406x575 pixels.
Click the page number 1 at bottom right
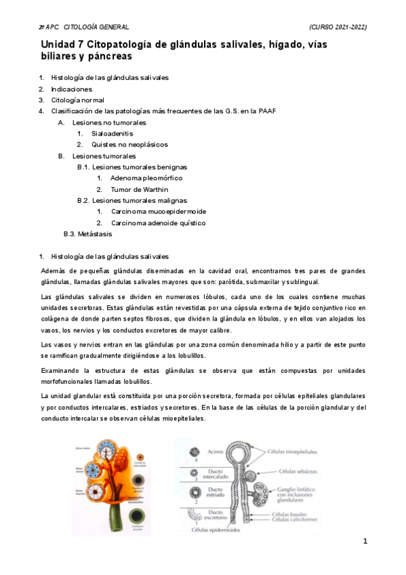365,541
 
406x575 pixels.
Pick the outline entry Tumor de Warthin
140,189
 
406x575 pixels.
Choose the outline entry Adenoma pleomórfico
146,178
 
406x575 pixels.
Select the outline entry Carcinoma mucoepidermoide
159,212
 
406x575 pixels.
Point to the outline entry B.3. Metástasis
87,234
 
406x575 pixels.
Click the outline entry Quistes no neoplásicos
129,144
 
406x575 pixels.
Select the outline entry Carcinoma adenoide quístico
159,222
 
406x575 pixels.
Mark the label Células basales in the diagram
289,515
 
